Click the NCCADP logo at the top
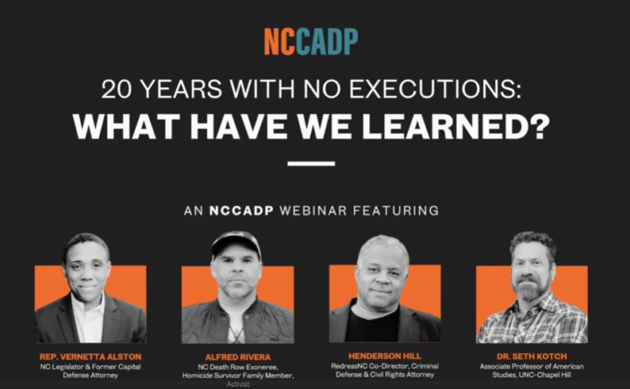coord(311,42)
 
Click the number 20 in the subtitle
coord(116,89)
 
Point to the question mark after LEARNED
coord(536,126)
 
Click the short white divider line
coord(311,164)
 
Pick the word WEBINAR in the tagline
coord(313,210)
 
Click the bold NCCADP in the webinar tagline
coord(241,210)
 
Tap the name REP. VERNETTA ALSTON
coord(90,356)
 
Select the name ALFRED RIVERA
coord(238,357)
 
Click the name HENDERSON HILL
coord(385,355)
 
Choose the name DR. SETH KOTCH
coord(532,356)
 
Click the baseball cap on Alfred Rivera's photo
coord(236,243)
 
